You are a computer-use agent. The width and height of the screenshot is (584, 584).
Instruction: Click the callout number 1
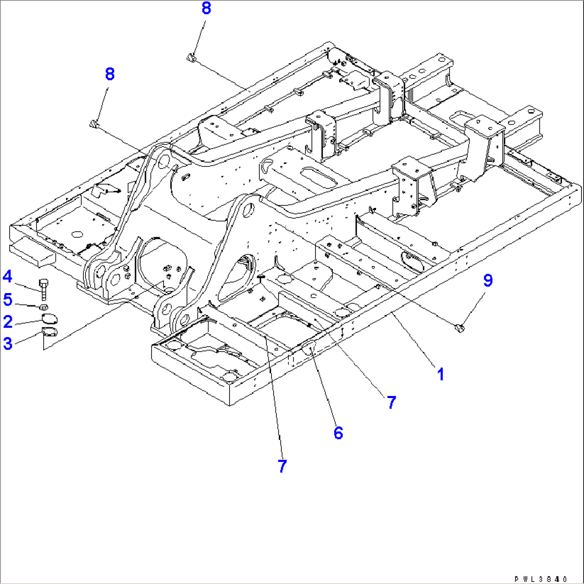pos(440,374)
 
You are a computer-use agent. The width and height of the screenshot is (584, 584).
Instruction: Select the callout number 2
pos(8,321)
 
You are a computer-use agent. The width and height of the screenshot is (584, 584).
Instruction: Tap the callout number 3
pos(8,343)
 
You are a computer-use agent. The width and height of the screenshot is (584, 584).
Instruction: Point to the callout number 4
pos(8,276)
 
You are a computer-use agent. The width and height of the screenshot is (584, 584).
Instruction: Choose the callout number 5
pos(8,298)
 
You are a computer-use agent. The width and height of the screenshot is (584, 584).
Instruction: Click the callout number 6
pos(338,433)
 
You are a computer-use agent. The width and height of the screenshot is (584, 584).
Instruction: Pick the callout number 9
pos(487,281)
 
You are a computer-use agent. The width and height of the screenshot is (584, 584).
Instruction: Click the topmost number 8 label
pos(206,9)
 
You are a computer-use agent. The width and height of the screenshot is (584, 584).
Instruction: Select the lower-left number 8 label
pos(109,74)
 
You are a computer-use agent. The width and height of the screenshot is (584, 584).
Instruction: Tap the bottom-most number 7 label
pos(282,466)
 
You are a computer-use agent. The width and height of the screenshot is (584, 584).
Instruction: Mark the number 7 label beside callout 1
pos(392,402)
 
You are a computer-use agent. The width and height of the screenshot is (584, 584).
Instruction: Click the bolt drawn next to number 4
pos(44,288)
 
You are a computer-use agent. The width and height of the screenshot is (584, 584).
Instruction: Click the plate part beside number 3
pos(49,333)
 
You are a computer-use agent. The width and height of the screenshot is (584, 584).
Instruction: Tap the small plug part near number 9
pos(459,327)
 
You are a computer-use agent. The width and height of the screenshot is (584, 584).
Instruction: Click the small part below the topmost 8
pos(191,57)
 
